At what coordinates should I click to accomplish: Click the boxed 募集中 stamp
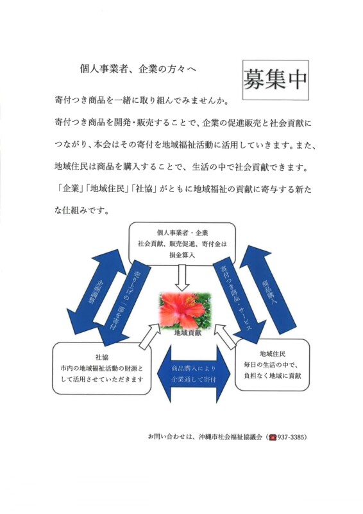[276, 80]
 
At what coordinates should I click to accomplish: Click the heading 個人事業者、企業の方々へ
[138, 69]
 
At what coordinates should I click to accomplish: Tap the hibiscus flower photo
[185, 310]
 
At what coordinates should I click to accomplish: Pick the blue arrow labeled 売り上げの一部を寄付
[121, 303]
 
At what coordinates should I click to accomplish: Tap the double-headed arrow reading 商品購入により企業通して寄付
[194, 374]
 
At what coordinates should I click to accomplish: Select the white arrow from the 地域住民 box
[226, 334]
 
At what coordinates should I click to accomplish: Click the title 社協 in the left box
[102, 357]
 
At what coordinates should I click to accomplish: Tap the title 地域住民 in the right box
[273, 354]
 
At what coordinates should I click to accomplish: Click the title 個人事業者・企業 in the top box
[182, 233]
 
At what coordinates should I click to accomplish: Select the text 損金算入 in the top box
[182, 254]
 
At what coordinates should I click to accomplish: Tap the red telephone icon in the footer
[273, 438]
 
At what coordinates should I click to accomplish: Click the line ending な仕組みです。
[81, 211]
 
